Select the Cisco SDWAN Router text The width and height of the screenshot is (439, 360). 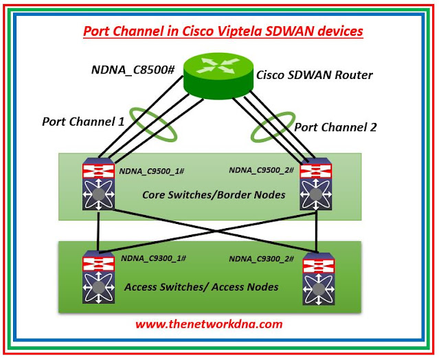point(314,75)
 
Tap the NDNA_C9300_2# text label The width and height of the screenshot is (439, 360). point(262,259)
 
